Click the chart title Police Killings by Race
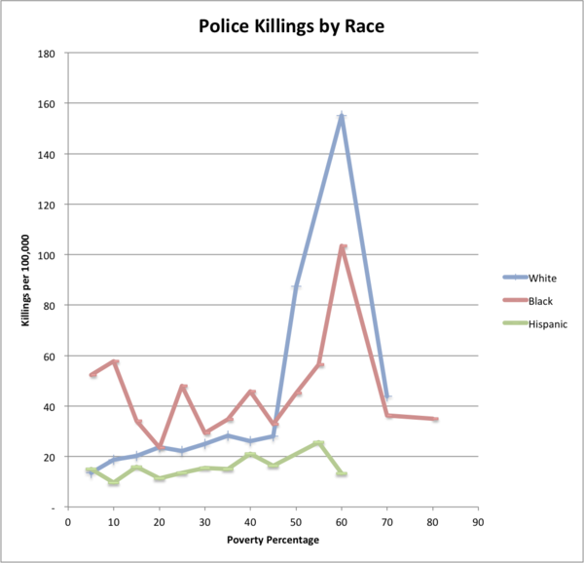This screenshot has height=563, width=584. [291, 27]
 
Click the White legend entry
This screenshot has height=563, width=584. [529, 278]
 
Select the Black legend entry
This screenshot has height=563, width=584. [528, 301]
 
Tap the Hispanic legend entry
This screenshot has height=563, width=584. [535, 323]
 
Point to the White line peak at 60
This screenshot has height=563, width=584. [342, 116]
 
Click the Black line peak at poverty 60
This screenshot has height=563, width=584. [343, 246]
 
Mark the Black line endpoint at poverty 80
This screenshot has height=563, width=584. [434, 419]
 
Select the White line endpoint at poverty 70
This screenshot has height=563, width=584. [387, 396]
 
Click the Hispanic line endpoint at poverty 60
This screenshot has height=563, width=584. [342, 473]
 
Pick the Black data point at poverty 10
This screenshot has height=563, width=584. [115, 361]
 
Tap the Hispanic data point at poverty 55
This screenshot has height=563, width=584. [318, 443]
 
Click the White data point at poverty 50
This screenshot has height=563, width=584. [296, 287]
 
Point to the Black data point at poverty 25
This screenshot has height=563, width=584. [183, 387]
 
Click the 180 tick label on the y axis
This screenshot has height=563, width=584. [46, 54]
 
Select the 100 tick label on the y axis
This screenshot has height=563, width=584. [46, 255]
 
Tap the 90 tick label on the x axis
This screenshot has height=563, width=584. [478, 522]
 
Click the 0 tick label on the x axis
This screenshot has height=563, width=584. [68, 522]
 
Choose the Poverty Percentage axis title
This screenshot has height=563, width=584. [273, 540]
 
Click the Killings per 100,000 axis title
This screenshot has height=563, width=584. [25, 281]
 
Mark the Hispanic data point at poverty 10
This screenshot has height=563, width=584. [114, 482]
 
